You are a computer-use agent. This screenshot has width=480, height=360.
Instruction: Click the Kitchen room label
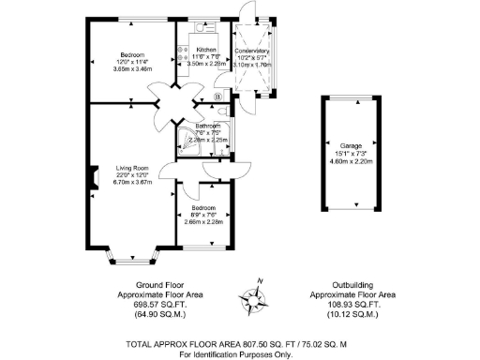pyautogui.click(x=206, y=50)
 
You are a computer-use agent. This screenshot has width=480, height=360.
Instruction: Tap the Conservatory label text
pyautogui.click(x=251, y=51)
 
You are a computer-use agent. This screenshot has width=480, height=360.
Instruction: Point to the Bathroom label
pyautogui.click(x=207, y=126)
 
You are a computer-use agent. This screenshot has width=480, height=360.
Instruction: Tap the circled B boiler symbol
pyautogui.click(x=218, y=96)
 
